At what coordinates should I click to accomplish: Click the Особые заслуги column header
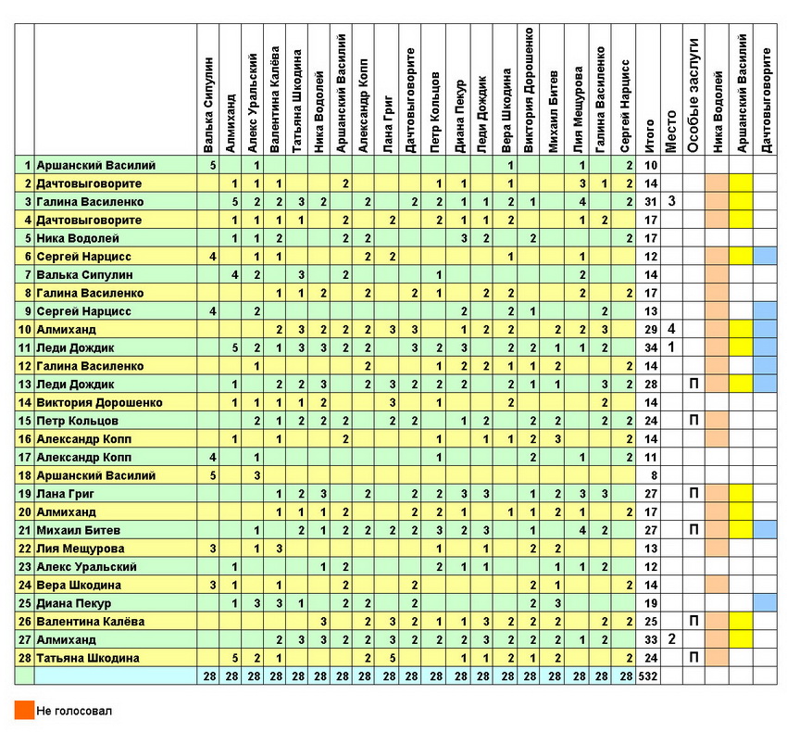tap(695, 93)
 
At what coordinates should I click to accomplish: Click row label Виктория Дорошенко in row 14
tap(99, 403)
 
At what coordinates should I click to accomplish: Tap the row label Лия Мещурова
tap(77, 549)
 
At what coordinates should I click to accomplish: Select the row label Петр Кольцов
tap(77, 421)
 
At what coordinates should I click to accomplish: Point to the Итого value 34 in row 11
tap(650, 347)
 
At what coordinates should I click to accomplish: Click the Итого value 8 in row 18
tap(650, 475)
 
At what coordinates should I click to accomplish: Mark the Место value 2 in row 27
tap(672, 639)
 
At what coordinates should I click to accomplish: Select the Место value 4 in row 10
tap(672, 329)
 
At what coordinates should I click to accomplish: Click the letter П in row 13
tap(694, 385)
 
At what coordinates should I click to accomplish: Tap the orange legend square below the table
tap(24, 711)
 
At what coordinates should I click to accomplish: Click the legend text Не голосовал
tap(74, 712)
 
